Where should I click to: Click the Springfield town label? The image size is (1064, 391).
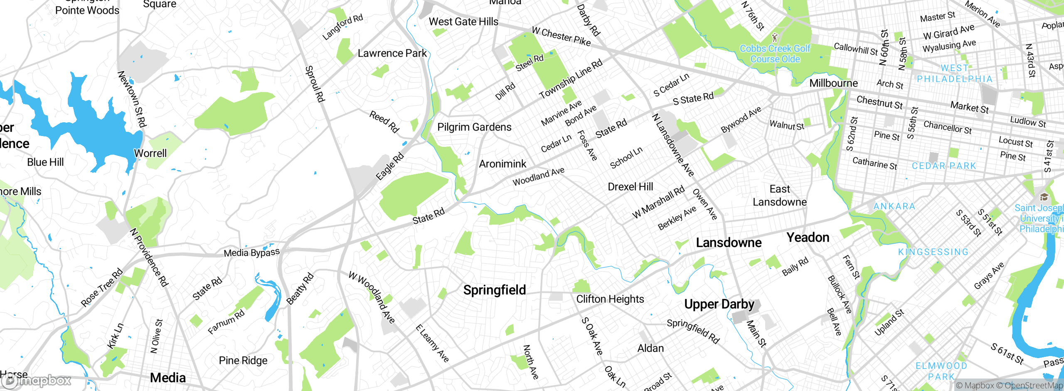(x=495, y=290)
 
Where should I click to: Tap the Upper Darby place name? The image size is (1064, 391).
(x=719, y=304)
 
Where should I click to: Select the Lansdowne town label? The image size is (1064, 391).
(x=729, y=243)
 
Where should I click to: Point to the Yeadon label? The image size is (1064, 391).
(x=808, y=238)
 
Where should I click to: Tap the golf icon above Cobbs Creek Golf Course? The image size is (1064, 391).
(x=775, y=37)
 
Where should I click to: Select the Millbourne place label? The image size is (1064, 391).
(x=833, y=83)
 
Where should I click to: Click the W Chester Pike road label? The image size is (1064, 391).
(x=561, y=36)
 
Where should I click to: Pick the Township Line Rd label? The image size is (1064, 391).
(x=571, y=79)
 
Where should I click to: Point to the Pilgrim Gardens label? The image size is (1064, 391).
(x=474, y=127)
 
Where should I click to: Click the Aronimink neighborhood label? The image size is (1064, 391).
(x=502, y=164)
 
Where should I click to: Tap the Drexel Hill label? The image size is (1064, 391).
(x=630, y=187)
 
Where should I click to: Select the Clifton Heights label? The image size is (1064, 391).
(x=610, y=299)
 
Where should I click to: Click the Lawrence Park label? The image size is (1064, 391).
(x=392, y=53)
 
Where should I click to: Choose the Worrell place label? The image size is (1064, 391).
(x=150, y=153)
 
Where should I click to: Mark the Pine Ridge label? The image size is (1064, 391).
(x=243, y=360)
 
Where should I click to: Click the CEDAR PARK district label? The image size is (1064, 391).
(x=943, y=166)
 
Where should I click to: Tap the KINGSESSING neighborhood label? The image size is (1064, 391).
(x=933, y=252)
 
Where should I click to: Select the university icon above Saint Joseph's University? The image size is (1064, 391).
(x=1044, y=197)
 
